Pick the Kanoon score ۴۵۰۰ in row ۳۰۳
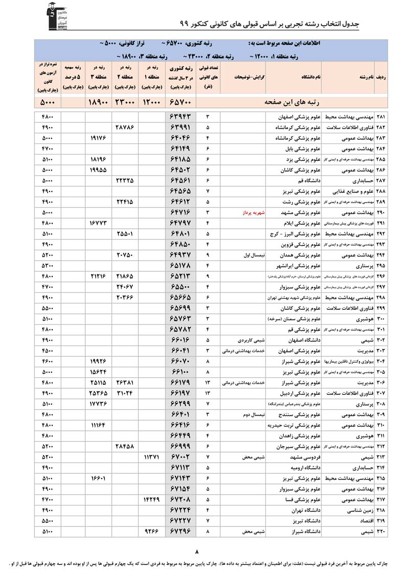[47, 351]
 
